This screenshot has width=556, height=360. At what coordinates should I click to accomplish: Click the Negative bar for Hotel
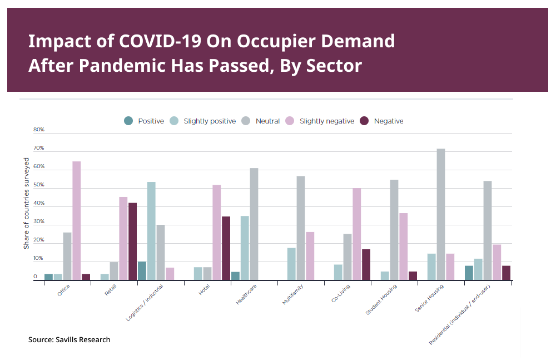pos(226,248)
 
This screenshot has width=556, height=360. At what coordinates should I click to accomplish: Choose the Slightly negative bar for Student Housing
pos(403,246)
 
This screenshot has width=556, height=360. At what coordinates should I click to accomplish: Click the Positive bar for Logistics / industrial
pos(142,271)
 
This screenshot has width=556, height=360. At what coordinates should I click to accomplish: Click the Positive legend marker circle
pos(128,121)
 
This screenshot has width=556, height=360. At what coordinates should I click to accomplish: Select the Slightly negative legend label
pos(326,121)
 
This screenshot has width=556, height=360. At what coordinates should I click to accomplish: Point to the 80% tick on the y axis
pos(39,130)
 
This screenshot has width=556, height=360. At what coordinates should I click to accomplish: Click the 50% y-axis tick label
pos(39,185)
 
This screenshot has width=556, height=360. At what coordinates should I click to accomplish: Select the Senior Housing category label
pos(429,299)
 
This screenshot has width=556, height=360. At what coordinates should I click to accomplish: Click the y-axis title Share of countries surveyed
pos(26,203)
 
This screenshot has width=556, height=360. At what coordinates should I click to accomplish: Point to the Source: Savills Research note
pos(69,339)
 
